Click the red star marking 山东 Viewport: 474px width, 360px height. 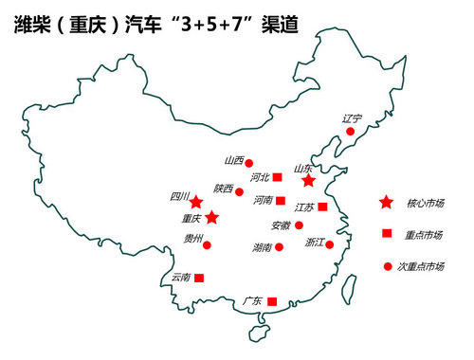(x=307, y=180)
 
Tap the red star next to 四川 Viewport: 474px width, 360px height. (x=195, y=203)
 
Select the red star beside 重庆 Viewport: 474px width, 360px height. (x=212, y=218)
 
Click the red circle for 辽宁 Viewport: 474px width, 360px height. (x=350, y=132)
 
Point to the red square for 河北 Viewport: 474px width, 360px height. (x=278, y=177)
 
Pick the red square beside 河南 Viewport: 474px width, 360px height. (x=281, y=201)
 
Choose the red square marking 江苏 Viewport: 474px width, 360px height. (x=322, y=207)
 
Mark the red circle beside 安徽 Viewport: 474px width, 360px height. (x=299, y=225)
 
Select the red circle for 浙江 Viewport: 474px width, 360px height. (x=331, y=243)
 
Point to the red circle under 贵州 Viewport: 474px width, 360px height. (x=208, y=245)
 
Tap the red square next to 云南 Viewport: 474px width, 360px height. (x=199, y=278)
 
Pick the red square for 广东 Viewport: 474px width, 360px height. (x=272, y=301)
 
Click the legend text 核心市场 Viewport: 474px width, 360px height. (x=425, y=203)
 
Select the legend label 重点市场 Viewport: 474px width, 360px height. (x=425, y=234)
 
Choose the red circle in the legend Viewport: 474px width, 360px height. (x=387, y=266)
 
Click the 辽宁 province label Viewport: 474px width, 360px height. (x=353, y=118)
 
